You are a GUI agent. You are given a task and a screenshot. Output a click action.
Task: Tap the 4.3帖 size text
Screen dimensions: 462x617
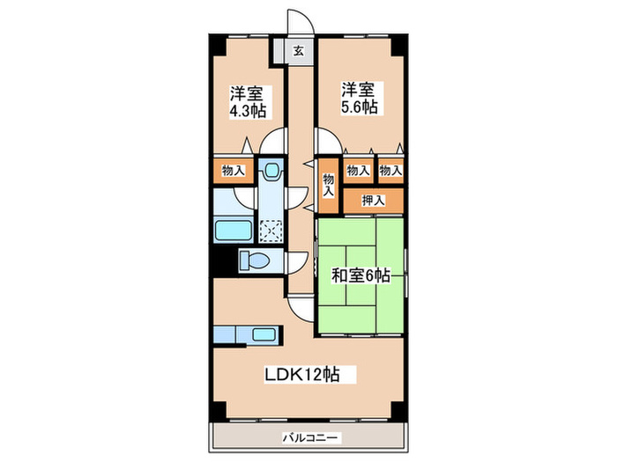(249, 111)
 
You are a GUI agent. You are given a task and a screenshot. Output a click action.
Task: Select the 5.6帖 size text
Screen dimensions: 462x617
(359, 106)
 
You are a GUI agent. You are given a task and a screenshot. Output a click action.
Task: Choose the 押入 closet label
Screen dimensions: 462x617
(373, 201)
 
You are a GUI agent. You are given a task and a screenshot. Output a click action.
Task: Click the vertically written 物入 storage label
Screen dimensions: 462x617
(328, 184)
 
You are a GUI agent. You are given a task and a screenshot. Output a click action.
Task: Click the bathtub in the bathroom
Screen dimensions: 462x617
(235, 231)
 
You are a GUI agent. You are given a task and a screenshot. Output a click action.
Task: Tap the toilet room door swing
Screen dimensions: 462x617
(294, 262)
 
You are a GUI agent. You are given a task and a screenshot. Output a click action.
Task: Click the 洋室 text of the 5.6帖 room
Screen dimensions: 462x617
(359, 90)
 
